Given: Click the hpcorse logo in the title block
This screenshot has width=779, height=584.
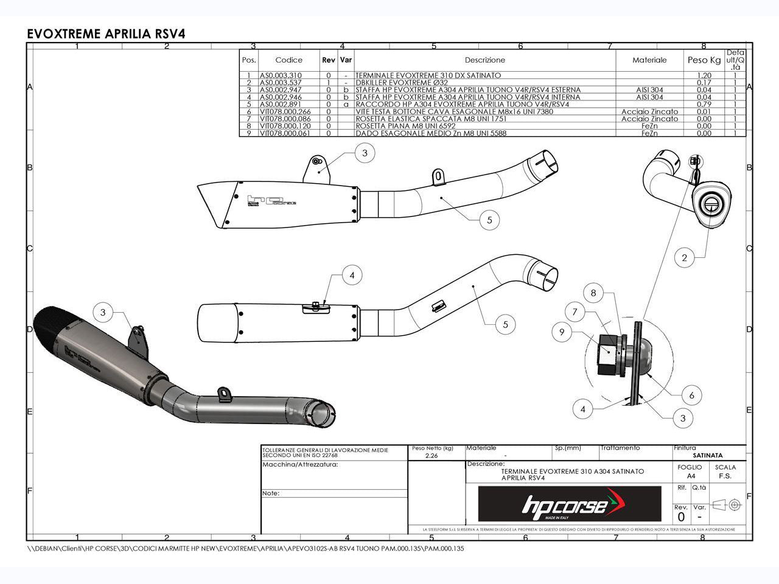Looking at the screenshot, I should (x=569, y=504).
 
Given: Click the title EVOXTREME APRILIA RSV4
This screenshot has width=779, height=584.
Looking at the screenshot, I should (x=106, y=33).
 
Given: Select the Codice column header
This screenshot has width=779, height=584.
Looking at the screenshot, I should (x=288, y=60).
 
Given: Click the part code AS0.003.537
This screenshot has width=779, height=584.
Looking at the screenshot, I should (x=281, y=83).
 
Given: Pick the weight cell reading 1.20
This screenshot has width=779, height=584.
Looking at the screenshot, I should (x=704, y=75).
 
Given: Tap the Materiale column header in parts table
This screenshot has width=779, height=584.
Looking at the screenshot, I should (x=649, y=60).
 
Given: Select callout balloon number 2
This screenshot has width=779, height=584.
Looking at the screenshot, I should (x=684, y=258).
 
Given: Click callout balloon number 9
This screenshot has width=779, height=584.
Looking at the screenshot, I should (x=562, y=332).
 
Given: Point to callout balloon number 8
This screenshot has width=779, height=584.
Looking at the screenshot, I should (x=593, y=293).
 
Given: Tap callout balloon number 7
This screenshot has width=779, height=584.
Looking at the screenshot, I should (x=575, y=312).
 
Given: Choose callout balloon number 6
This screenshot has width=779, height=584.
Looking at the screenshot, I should (x=691, y=395).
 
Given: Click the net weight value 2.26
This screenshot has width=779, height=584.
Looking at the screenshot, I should (x=431, y=455).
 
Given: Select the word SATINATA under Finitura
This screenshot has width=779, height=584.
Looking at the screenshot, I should (x=708, y=455).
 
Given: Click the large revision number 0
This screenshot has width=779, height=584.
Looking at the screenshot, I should (x=681, y=517).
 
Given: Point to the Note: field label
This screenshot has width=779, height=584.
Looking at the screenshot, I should (x=271, y=493).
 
